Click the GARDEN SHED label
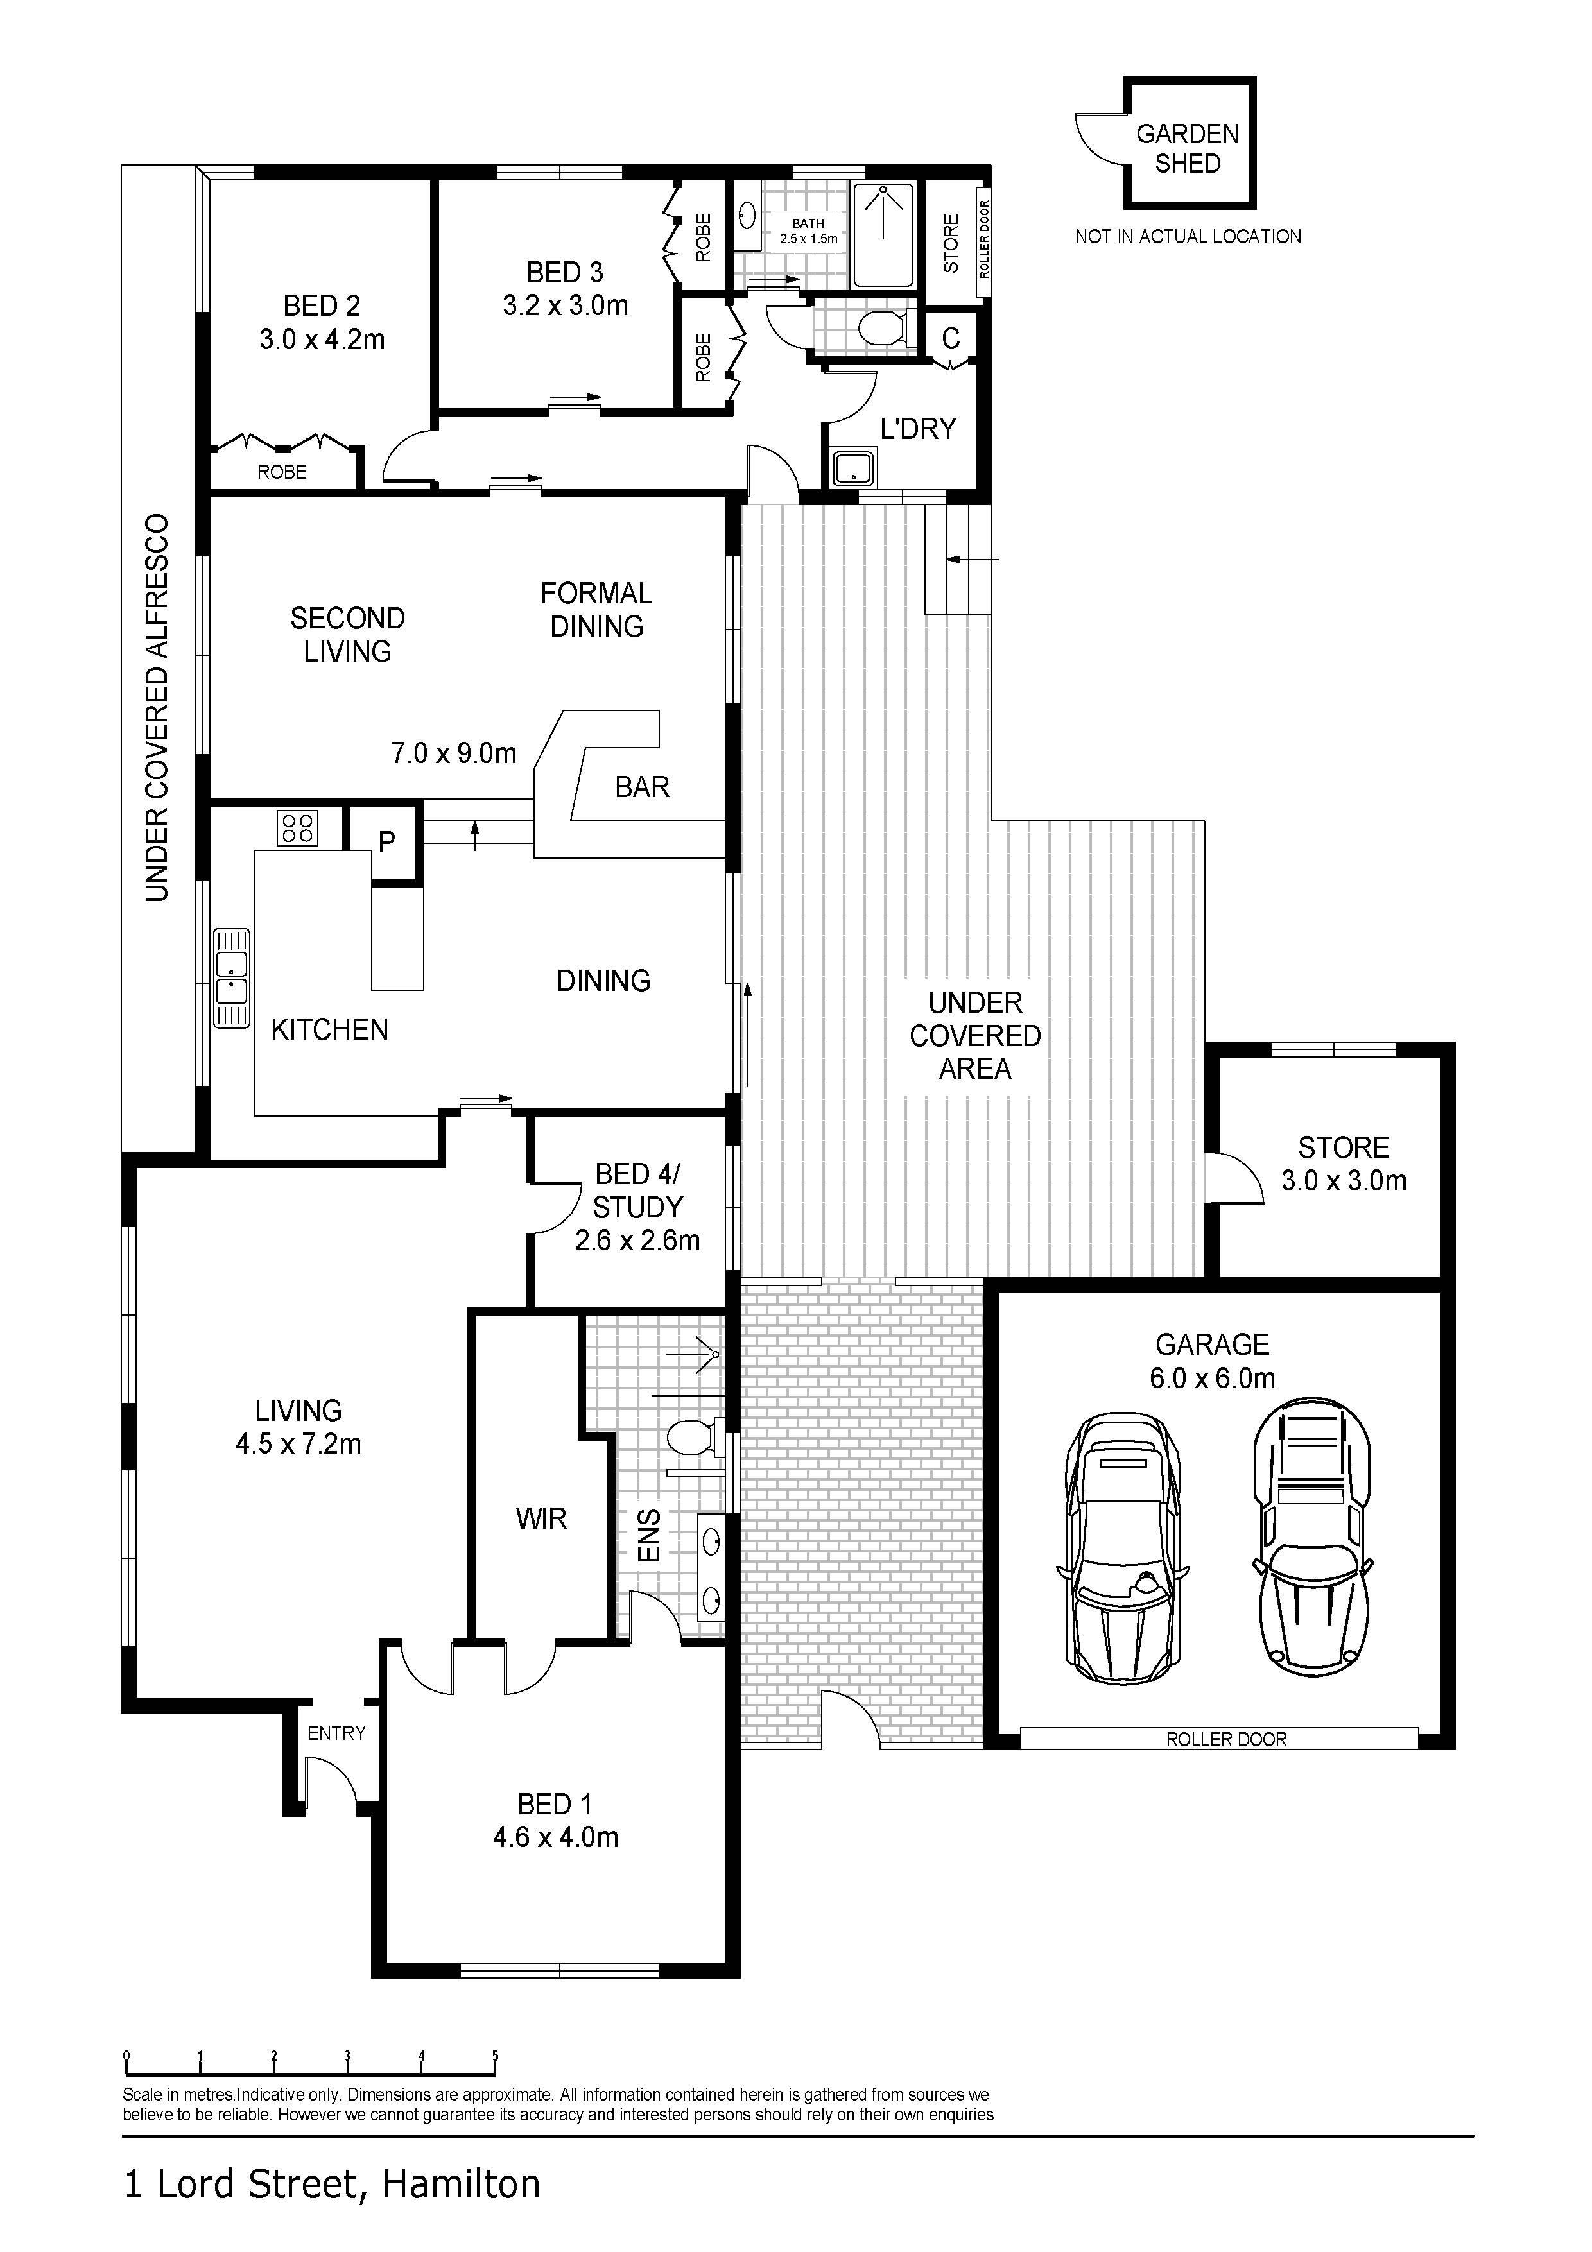(1187, 148)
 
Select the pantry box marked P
(386, 841)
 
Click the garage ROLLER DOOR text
(1225, 1739)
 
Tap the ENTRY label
(336, 1733)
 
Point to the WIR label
(541, 1518)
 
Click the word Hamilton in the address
(461, 2183)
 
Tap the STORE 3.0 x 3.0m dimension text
(1344, 1180)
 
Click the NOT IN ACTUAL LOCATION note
(1188, 236)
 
